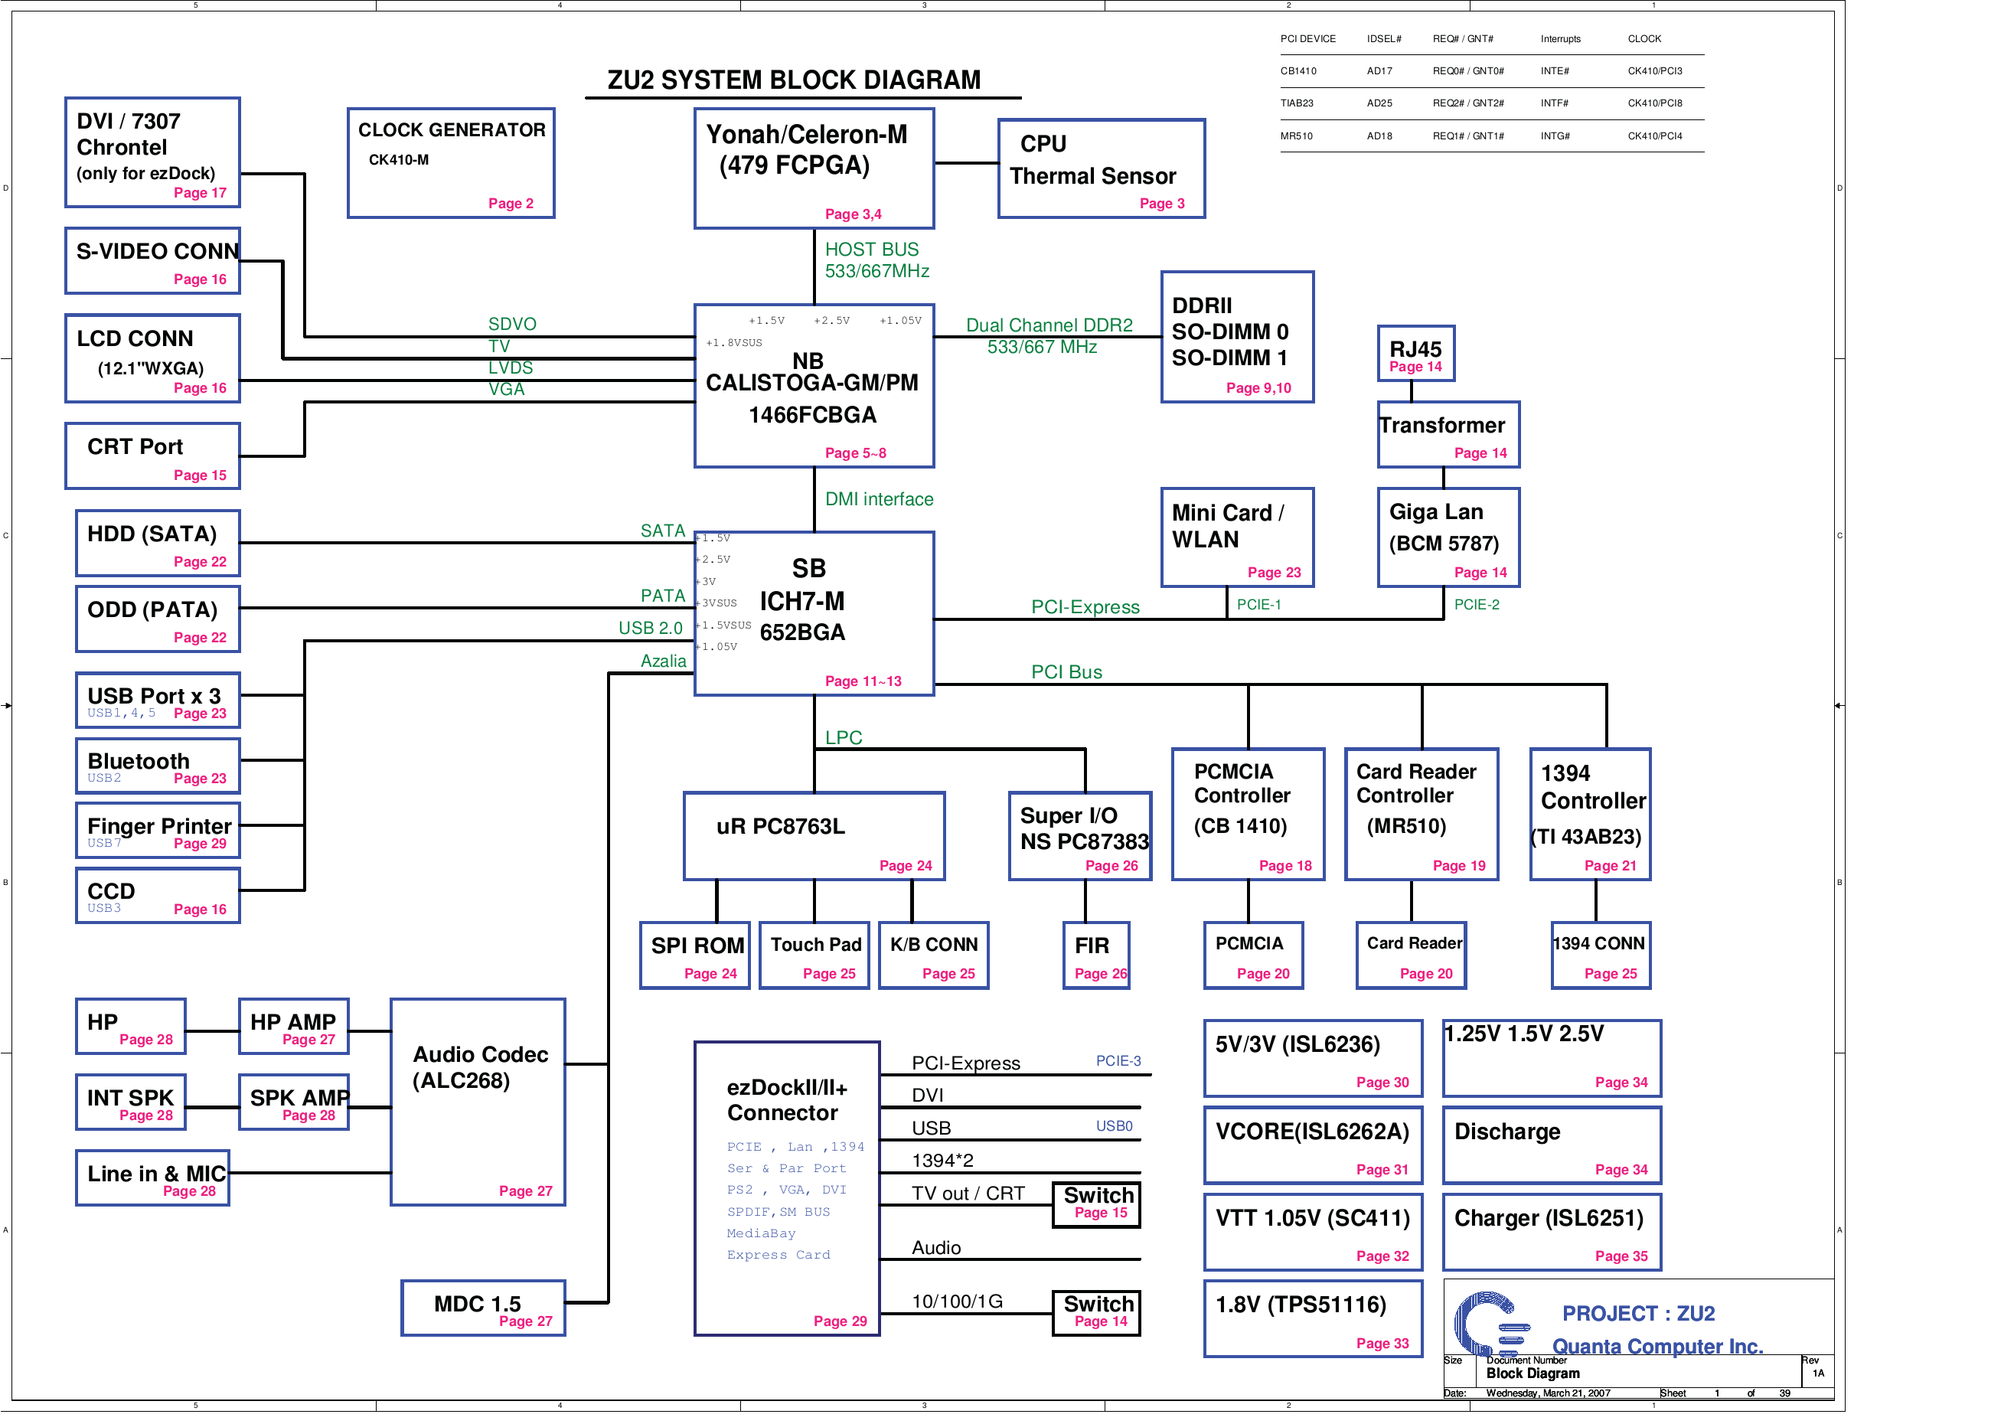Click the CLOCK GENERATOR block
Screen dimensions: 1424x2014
point(451,163)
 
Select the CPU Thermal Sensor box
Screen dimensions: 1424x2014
point(1101,168)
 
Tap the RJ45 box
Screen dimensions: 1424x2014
point(1415,354)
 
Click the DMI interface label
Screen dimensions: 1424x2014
point(879,499)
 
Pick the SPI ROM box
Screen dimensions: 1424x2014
point(695,955)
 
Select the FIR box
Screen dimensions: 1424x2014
point(1095,955)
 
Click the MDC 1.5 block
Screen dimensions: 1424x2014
point(483,1308)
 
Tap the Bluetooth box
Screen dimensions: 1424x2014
point(158,766)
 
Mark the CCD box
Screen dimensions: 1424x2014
point(158,896)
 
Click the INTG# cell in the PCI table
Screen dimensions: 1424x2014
point(1555,136)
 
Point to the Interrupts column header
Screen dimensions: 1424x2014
point(1561,38)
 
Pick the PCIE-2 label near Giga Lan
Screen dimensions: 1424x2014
point(1477,605)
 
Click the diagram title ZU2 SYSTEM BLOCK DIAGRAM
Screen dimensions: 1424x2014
point(794,80)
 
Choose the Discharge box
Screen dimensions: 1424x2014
point(1552,1146)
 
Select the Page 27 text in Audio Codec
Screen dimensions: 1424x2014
point(525,1190)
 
